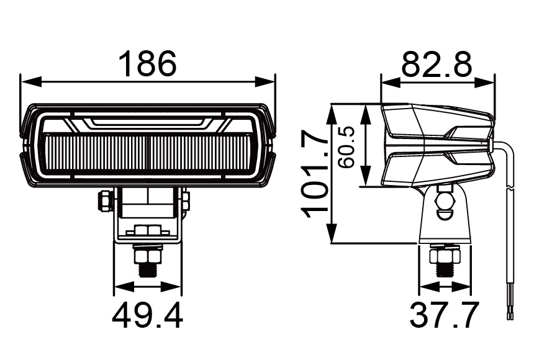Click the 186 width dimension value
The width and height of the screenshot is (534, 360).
click(148, 64)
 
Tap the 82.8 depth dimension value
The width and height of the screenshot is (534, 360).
click(437, 64)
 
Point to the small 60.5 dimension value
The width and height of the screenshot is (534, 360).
click(346, 147)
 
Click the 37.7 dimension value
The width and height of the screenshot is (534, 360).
click(445, 315)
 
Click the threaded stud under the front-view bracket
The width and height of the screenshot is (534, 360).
click(148, 270)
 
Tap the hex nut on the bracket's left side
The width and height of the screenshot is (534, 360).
click(106, 200)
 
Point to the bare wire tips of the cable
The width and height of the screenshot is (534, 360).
click(510, 315)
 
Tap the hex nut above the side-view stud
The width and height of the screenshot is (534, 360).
click(445, 254)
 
